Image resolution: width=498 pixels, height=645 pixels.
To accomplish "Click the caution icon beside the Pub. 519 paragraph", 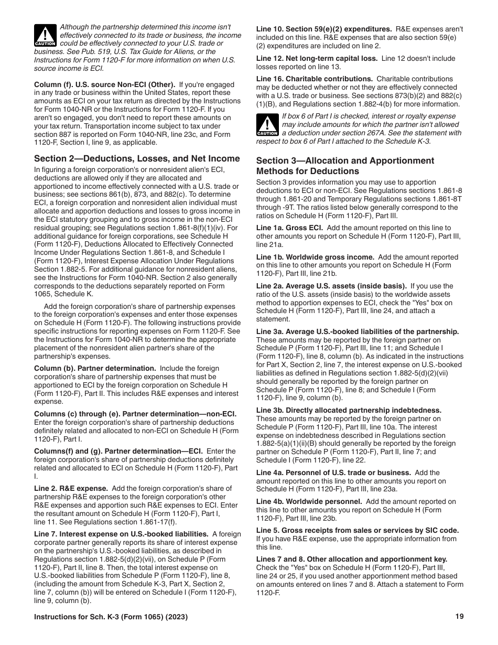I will tap(46, 36).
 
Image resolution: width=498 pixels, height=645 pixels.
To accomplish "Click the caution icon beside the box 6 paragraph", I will tap(267, 125).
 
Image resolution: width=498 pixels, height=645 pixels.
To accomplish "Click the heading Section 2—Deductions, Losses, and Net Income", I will tap(137, 158).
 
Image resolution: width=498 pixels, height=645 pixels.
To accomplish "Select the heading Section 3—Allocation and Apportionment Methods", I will tap(345, 166).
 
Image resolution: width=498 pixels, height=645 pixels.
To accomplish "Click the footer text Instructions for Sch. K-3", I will tap(111, 617).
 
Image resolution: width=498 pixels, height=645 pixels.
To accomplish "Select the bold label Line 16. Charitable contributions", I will tap(315, 79).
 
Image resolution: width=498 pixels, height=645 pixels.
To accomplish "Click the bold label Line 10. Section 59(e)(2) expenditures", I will tap(324, 29).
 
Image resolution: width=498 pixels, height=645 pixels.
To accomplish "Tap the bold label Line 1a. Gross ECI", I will tap(289, 228).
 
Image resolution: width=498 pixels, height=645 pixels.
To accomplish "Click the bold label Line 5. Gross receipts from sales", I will tap(357, 530).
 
